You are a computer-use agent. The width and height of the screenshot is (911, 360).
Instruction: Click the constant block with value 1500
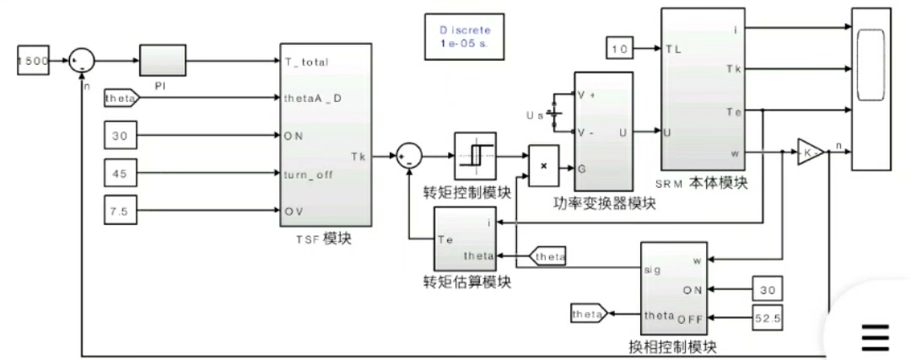[33, 61]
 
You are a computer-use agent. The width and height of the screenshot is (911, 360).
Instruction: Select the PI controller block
[162, 61]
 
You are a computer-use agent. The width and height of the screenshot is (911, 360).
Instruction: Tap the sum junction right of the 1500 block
[82, 61]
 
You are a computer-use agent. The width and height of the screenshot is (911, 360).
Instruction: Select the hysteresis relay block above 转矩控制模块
[478, 155]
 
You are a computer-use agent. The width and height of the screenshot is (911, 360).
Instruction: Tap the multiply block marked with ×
[544, 165]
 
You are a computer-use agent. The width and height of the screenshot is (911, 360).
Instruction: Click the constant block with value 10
[621, 50]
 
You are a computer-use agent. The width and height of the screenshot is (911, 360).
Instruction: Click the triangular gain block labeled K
[811, 153]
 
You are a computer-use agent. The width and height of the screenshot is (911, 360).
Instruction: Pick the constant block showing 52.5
[767, 318]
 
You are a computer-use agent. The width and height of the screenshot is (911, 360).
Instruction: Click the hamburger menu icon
[875, 337]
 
